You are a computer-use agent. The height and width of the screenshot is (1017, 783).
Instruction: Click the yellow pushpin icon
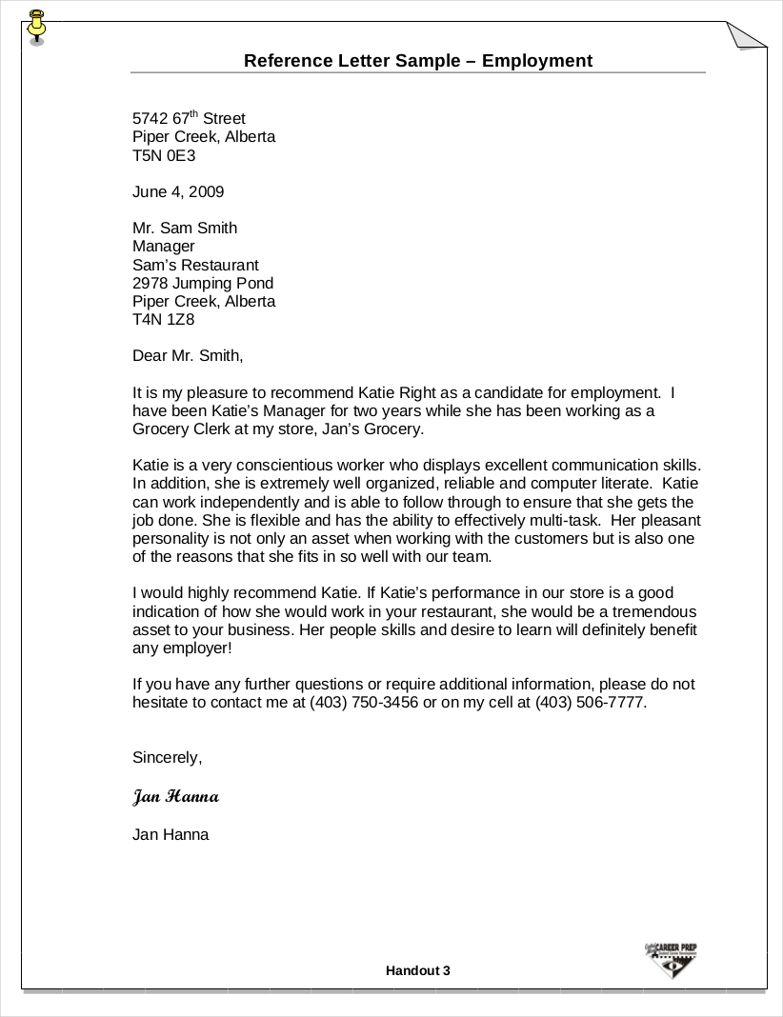37,26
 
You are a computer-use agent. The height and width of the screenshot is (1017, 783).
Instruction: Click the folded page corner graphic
747,35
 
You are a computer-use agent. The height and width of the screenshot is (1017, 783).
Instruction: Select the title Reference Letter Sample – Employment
417,61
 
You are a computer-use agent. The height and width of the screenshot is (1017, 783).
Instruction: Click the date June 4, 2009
178,191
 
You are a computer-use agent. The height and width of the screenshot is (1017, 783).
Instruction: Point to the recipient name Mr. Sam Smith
185,228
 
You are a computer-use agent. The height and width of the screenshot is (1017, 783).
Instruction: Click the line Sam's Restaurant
195,265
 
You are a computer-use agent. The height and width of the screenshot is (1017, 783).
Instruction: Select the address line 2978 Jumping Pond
203,283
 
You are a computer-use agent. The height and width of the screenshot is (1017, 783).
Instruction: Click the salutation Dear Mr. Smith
188,356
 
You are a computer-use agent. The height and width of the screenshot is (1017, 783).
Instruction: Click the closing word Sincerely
168,758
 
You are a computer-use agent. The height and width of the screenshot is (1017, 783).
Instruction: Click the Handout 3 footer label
417,970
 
